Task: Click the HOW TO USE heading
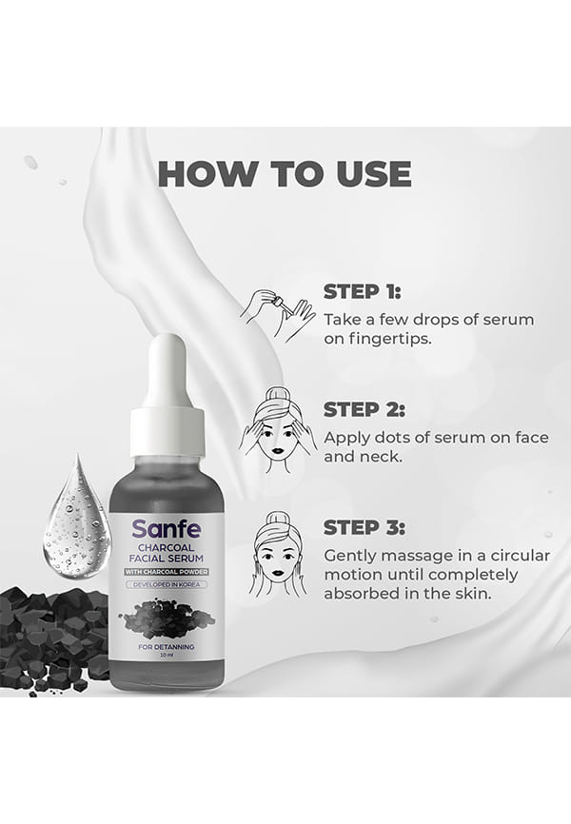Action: [x=285, y=173]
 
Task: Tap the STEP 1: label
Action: [x=362, y=292]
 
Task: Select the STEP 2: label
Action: [x=364, y=410]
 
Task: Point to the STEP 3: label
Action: [x=364, y=528]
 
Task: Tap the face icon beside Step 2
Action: [x=278, y=430]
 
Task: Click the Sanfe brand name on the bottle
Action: [x=167, y=529]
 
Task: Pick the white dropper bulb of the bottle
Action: [x=167, y=368]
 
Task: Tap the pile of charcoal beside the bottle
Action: [x=52, y=638]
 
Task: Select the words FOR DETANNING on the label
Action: [x=167, y=647]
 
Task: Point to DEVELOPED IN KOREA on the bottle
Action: [x=167, y=584]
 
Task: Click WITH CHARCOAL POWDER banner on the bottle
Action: [x=167, y=572]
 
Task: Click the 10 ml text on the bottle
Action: [x=167, y=656]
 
